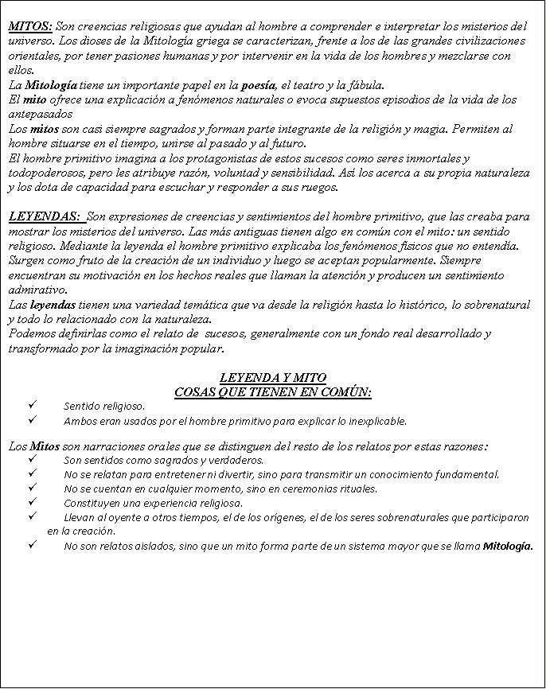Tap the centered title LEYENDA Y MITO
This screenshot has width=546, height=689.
pos(272,378)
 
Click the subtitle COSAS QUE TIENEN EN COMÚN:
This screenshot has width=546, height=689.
pos(272,391)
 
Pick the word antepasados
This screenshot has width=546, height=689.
pos(37,114)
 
